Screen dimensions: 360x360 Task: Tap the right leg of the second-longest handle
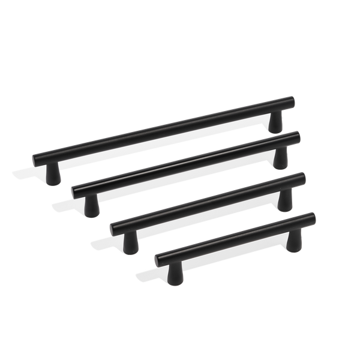(280, 158)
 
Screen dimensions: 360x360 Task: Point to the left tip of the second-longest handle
(73, 190)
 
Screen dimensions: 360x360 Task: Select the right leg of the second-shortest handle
(284, 200)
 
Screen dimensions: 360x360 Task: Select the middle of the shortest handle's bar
(234, 237)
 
